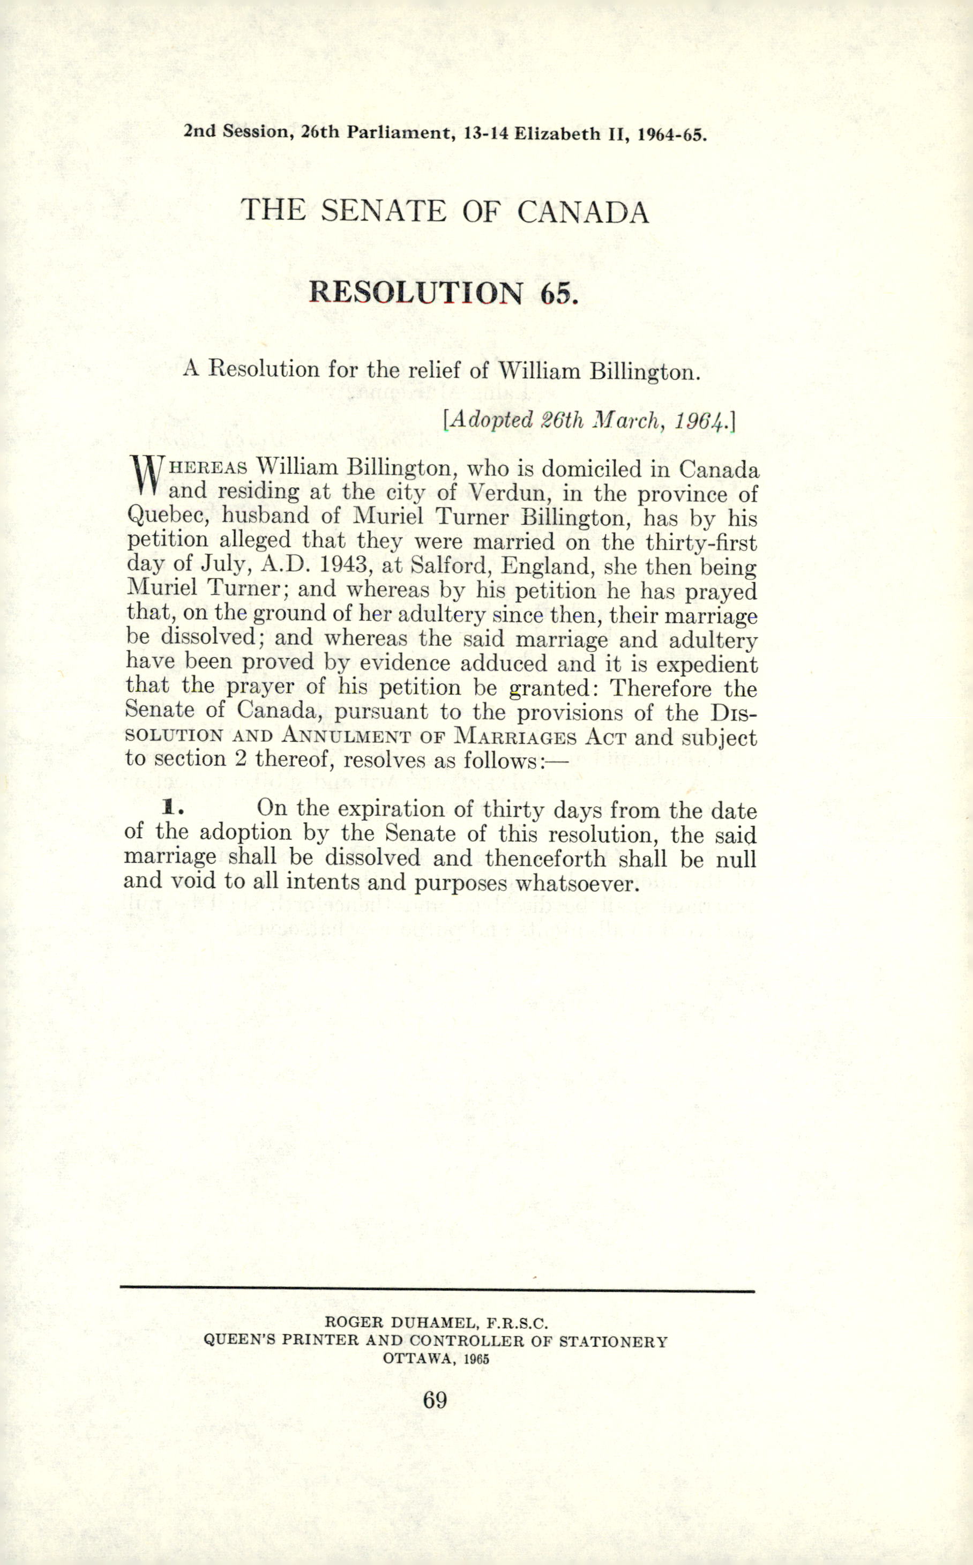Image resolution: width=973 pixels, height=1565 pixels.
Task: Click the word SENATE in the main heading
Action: coord(383,211)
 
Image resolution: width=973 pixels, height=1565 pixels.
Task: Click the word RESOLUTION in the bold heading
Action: coord(416,293)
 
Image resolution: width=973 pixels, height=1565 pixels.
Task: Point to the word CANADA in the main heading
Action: coord(583,212)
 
